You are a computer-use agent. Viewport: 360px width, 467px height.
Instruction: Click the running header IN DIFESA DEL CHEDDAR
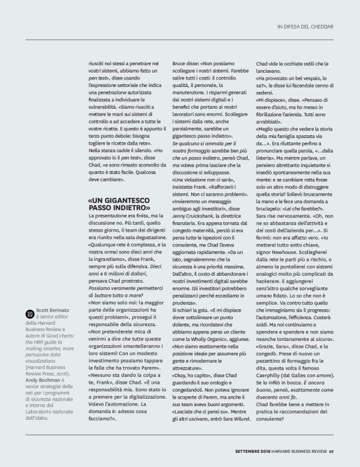click(305, 26)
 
